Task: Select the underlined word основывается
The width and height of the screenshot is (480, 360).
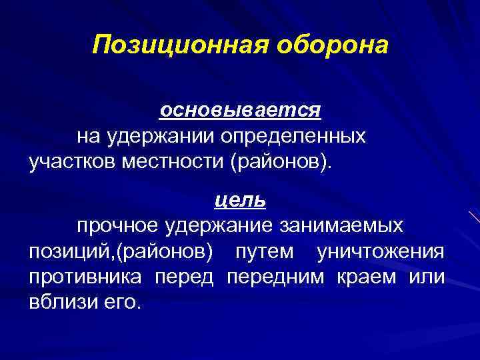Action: tap(240, 109)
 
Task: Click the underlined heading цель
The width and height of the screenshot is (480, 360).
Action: tap(240, 199)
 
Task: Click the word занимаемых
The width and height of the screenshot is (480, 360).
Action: tap(341, 225)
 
